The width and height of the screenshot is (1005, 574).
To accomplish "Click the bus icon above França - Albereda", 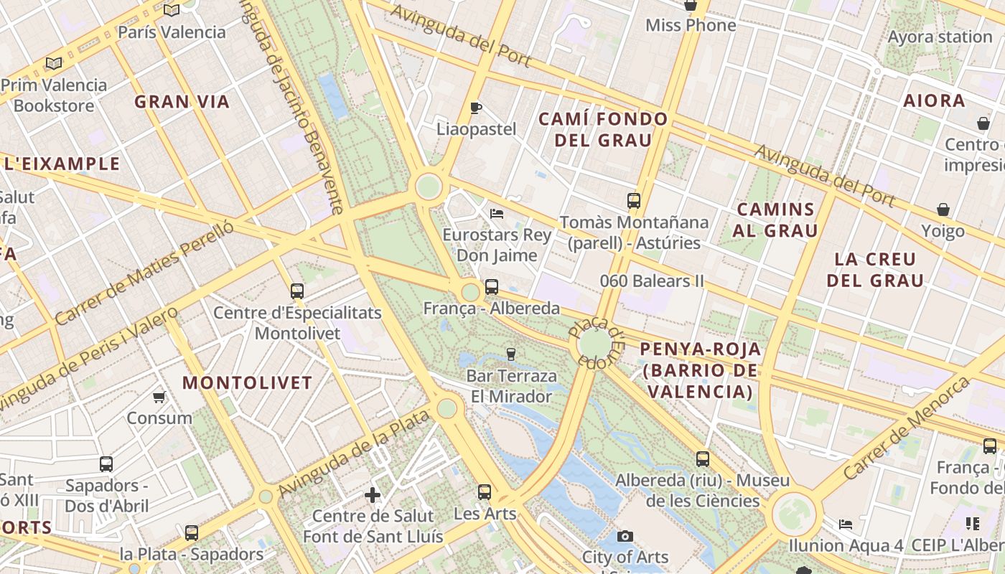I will point(492,287).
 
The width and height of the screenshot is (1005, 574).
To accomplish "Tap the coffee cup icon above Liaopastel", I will point(475,108).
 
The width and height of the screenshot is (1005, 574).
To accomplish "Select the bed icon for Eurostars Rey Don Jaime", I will point(496,213).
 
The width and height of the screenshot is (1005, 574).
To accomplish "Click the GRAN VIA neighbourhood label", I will point(182,102).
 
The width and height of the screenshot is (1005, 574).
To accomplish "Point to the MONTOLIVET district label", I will point(247,382).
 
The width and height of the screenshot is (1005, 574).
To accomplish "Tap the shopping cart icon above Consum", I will point(159,397).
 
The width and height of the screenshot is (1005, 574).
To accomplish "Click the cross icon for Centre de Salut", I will point(372,495).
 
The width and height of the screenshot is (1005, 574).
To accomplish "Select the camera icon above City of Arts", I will point(625,536).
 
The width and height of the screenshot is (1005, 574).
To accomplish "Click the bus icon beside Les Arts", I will point(485,492).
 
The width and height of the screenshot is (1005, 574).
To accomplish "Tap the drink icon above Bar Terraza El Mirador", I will point(511,354).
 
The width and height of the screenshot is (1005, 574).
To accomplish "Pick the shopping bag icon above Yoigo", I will point(943,210).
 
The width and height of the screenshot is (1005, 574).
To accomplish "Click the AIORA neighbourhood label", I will point(934,100).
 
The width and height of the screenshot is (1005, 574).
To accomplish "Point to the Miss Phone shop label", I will point(691,26).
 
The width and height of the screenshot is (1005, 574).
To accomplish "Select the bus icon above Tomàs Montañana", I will point(633,201).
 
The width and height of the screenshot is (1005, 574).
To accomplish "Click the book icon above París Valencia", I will point(171,10).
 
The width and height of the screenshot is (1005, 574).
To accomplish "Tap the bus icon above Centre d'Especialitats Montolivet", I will point(297,291).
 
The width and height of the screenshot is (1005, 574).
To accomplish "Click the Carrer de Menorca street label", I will point(905,429).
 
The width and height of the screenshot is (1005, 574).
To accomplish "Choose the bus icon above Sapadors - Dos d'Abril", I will point(106,464).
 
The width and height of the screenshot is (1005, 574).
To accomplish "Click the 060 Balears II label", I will point(653,281).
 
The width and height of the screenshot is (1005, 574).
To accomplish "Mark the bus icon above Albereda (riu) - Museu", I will point(703,459).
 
